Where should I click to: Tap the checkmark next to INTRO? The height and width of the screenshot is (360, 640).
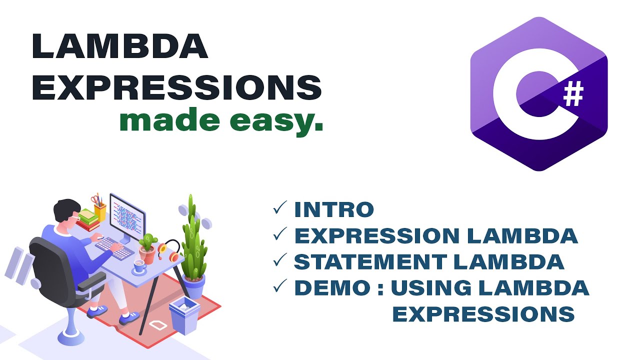coord(280,209)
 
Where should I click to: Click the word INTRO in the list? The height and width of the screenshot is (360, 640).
coord(334,210)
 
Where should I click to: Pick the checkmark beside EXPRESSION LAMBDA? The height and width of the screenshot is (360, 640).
coord(280,235)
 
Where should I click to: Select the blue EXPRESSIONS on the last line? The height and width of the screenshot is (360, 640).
coord(483,314)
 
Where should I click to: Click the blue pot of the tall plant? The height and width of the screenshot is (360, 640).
coord(194,286)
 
